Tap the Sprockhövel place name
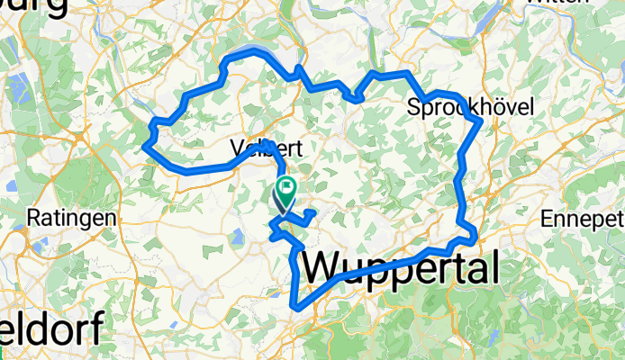[x=471, y=107]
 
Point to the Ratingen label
[x=71, y=218]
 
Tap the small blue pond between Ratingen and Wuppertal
[x=236, y=238]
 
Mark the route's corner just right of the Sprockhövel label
[x=483, y=120]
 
